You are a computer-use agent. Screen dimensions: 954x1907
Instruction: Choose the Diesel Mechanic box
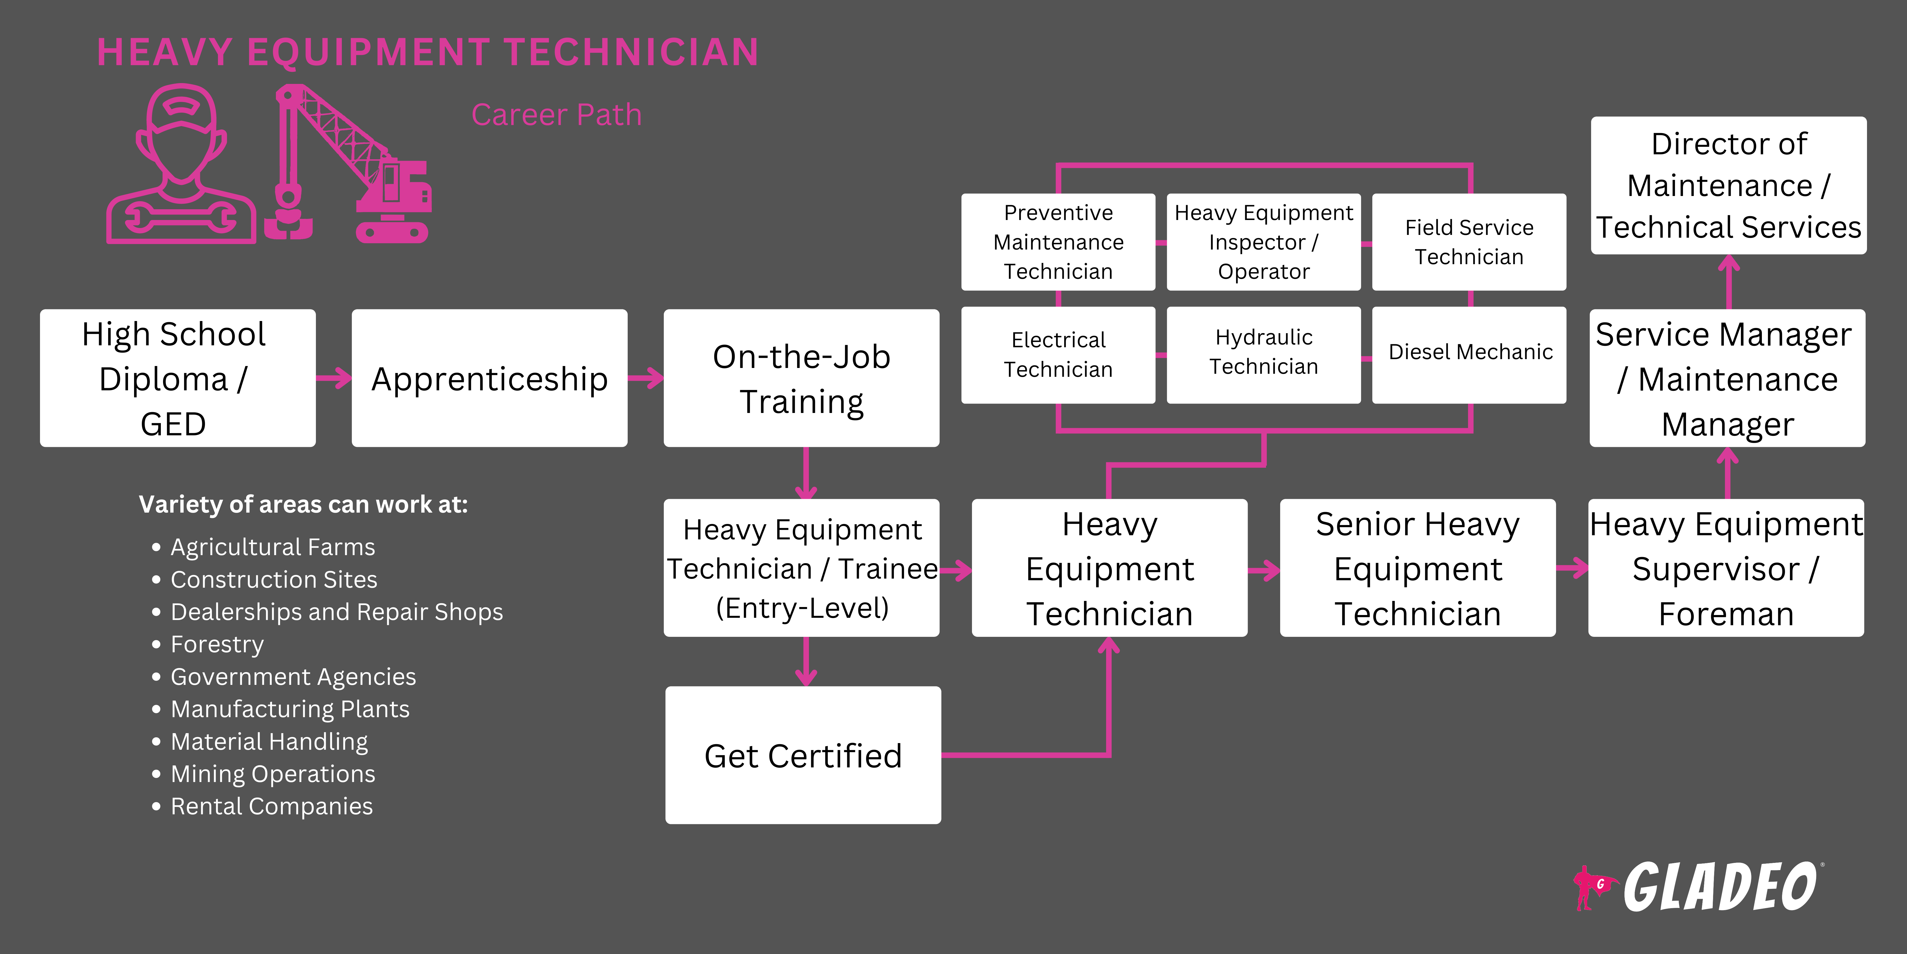1469,354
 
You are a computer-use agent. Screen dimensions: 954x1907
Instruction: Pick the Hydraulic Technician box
1264,354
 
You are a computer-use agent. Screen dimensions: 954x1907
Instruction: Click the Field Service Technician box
1469,242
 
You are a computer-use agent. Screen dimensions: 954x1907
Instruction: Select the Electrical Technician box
1058,354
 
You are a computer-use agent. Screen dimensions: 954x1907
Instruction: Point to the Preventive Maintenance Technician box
1058,242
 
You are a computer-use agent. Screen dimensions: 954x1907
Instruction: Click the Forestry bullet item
217,644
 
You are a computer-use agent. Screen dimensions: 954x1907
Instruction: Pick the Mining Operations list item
272,774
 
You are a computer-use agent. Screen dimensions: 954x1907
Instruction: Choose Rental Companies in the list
271,807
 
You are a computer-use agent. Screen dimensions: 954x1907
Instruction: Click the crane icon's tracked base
392,231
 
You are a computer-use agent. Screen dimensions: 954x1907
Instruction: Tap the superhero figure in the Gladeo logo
1590,887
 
